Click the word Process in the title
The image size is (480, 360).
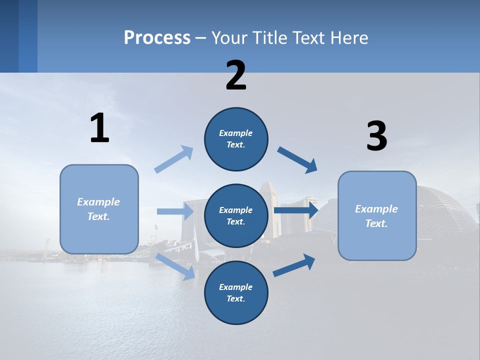point(157,37)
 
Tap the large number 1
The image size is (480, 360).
point(99,128)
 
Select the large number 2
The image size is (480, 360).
point(236,75)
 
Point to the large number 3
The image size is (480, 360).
point(376,136)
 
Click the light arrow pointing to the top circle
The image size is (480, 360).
point(173,159)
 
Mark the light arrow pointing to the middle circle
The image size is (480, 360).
point(175,211)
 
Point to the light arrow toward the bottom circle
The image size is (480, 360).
point(175,266)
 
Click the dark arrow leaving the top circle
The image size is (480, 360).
point(297,160)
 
